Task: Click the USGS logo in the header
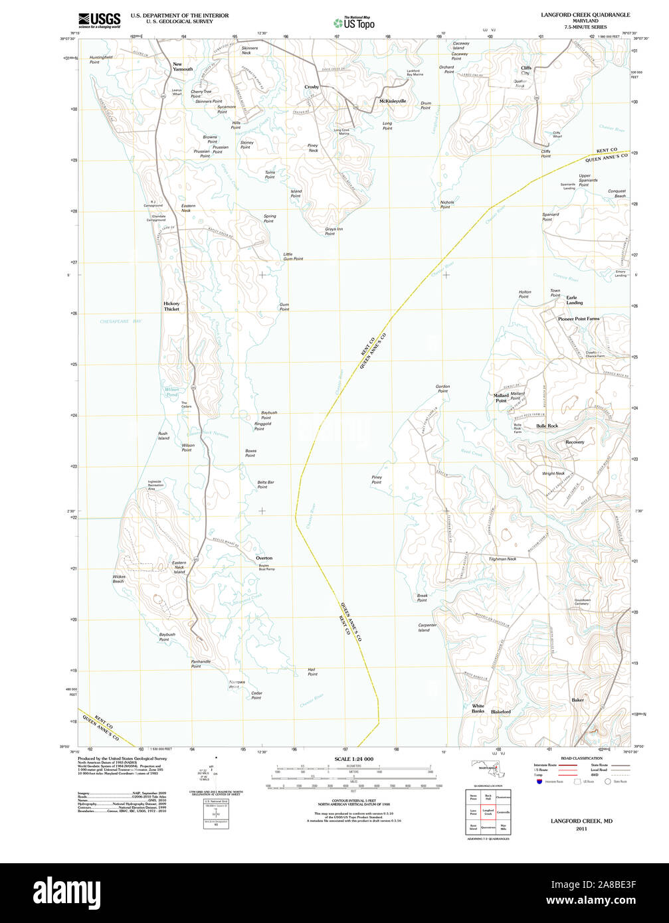tap(99, 20)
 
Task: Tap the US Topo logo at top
tap(354, 23)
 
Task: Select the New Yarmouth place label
tap(183, 66)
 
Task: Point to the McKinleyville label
tap(392, 101)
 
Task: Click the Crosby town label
tap(312, 87)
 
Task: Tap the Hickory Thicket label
tap(171, 306)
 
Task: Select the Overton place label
tap(264, 558)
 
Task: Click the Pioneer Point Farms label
tap(578, 319)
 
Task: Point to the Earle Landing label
tap(575, 300)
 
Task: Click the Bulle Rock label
tap(547, 426)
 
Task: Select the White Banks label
tap(478, 709)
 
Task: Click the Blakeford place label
tap(501, 712)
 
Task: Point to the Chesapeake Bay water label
tap(121, 321)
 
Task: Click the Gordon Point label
tap(442, 388)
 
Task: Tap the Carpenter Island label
tap(427, 628)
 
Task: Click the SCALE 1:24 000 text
tap(353, 759)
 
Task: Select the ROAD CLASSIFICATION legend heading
tap(581, 758)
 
